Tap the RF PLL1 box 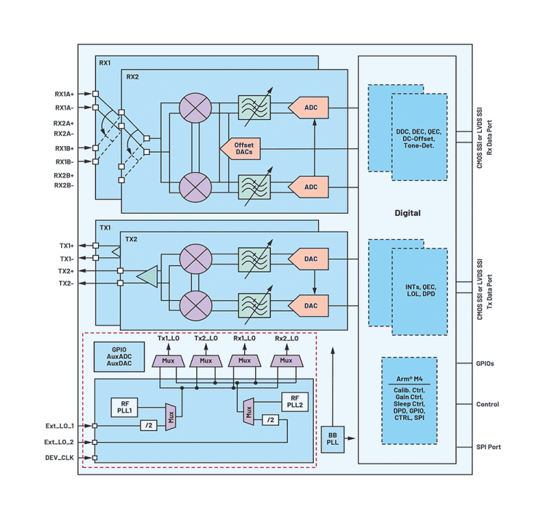[126, 408]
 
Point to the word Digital [407, 213]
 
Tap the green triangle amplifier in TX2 [148, 276]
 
